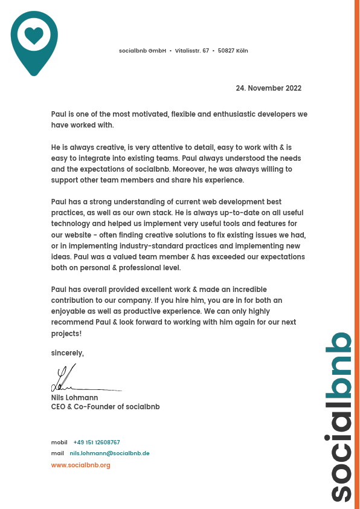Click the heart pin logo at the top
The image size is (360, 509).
coord(34,41)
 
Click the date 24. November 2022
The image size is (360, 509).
coord(268,88)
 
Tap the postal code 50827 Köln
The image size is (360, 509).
coord(233,51)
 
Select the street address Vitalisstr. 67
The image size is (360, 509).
coord(192,51)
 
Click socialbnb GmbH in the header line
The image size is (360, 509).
coord(142,51)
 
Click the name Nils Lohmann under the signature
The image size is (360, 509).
coord(74,398)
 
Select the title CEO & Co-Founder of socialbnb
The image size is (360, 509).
coord(105,407)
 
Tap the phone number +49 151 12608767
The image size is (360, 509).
coord(97,443)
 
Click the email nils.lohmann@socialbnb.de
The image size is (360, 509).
coord(109,453)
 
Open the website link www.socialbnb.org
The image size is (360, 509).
coord(80,465)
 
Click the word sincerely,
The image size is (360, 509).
coord(67,353)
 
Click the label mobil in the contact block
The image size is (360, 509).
coord(59,443)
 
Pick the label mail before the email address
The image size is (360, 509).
coord(57,453)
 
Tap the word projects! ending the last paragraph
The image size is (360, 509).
coord(66,333)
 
